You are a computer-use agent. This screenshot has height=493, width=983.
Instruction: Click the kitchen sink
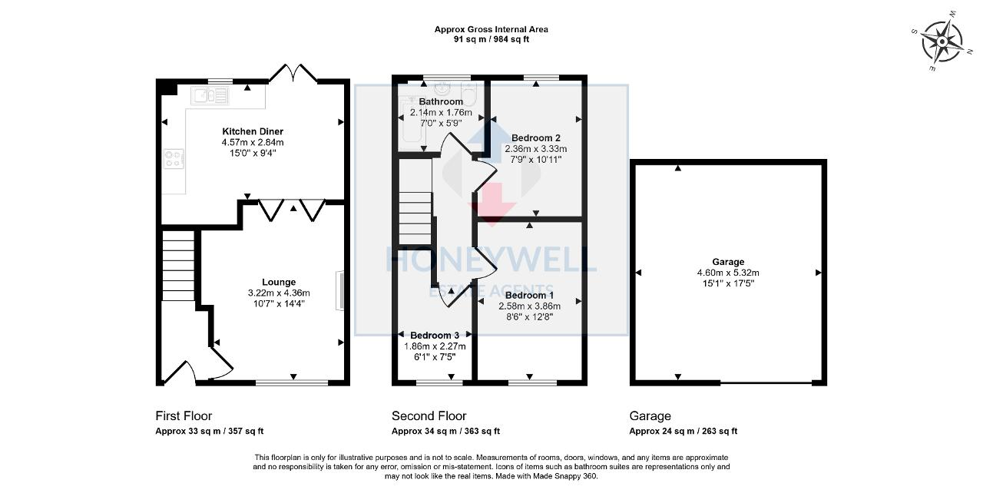210,95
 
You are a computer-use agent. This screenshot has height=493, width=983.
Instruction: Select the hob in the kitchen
173,159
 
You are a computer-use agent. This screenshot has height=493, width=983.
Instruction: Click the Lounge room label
278,282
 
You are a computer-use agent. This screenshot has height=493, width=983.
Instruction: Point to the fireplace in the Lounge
339,290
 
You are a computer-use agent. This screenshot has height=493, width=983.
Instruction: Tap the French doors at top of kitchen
293,72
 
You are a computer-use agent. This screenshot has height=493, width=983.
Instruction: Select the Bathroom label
441,101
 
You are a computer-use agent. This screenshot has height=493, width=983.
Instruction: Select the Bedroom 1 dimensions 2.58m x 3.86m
529,306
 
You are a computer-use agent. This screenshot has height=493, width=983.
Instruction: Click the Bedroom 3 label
435,335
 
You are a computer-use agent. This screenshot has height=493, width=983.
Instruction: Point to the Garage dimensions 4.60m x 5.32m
727,273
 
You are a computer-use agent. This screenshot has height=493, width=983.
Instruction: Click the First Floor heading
184,416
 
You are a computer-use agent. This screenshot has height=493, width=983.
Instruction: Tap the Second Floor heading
429,416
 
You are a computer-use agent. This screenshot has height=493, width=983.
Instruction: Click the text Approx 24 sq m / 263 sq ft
683,432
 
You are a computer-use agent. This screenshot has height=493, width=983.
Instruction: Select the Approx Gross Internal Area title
491,29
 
